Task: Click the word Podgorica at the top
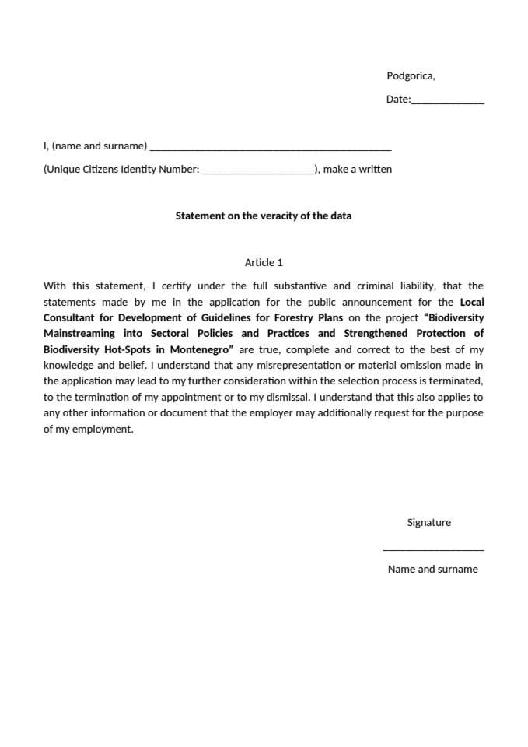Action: click(x=410, y=76)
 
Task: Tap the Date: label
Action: click(x=398, y=100)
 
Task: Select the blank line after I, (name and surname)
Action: click(x=270, y=148)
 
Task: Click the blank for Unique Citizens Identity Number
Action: click(x=258, y=171)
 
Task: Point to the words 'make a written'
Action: click(x=357, y=169)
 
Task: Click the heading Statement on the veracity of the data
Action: click(x=263, y=216)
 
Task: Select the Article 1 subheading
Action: click(x=264, y=262)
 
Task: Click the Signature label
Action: click(x=428, y=523)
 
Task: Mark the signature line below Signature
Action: click(x=433, y=550)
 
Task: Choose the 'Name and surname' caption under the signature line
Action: click(x=432, y=569)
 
